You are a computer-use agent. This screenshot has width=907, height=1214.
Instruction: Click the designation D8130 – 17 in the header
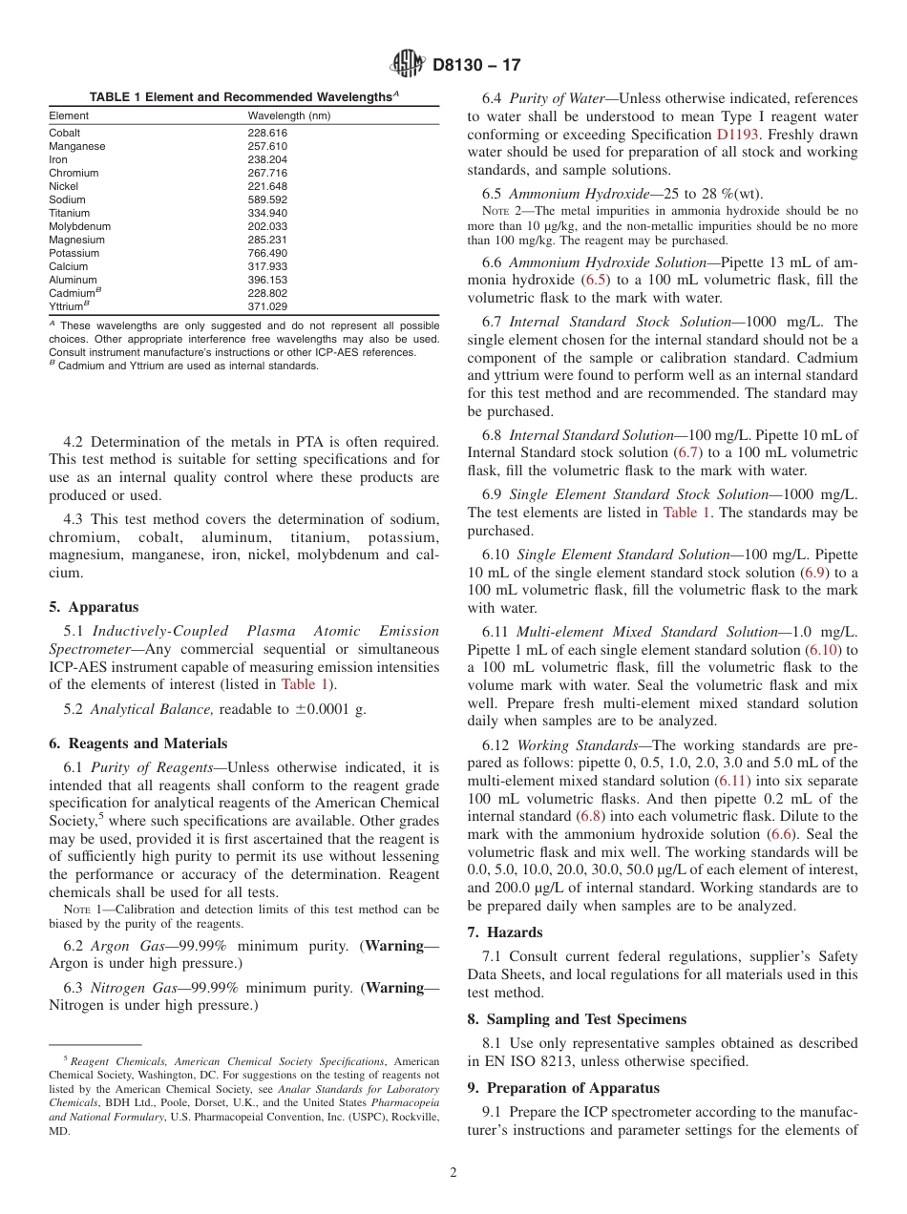[x=476, y=66]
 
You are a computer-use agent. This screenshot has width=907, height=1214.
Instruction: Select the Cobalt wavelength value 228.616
[x=267, y=133]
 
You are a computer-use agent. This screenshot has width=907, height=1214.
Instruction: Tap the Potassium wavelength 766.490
[x=267, y=253]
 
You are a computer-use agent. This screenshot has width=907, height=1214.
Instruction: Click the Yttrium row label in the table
[x=68, y=306]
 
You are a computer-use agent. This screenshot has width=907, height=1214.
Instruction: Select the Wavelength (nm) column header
[x=288, y=115]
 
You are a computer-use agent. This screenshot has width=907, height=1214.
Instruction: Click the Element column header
[x=69, y=115]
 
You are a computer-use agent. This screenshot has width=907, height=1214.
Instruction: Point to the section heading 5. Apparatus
[x=94, y=607]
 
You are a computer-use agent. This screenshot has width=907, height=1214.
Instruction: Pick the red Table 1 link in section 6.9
[x=686, y=513]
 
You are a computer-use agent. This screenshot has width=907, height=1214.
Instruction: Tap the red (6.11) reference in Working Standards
[x=733, y=781]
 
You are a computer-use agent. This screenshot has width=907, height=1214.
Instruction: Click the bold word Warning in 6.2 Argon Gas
[x=395, y=946]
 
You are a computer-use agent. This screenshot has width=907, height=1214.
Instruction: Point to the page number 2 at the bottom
[x=453, y=1173]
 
